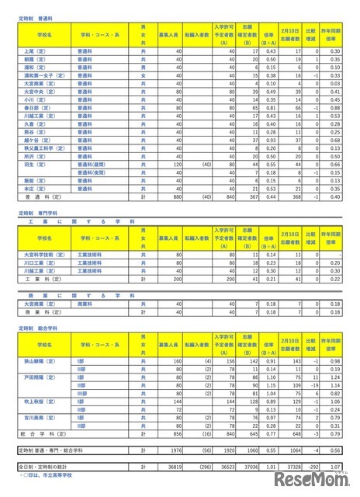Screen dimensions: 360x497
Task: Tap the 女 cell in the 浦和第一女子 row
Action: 142,76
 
